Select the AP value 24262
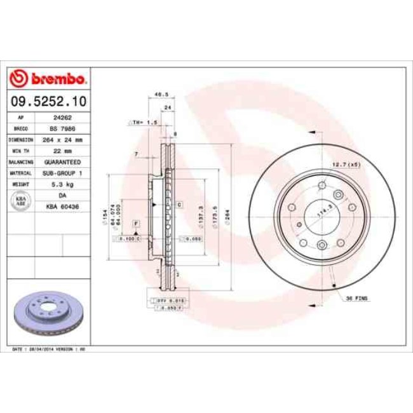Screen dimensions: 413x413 coord(62,118)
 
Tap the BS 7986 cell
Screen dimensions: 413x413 coord(62,128)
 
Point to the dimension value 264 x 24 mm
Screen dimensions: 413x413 coord(62,139)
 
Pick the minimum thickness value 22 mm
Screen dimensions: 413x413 coord(62,151)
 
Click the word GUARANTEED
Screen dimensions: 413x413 coord(62,162)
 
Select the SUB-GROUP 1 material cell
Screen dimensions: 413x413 coord(62,173)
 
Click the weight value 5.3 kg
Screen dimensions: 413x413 coord(62,184)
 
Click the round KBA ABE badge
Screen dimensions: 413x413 coord(20,201)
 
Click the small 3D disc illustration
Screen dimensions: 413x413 coord(46,314)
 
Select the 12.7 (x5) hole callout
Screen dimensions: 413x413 coord(346,165)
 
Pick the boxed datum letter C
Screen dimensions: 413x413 coord(180,205)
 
